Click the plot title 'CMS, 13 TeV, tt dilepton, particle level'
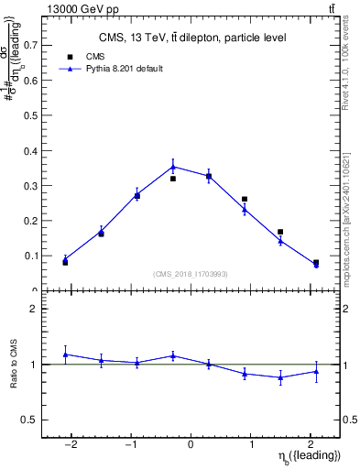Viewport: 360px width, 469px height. point(192,38)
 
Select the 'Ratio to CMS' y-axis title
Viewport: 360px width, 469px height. point(15,364)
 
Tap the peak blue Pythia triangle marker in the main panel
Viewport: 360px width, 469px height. point(172,167)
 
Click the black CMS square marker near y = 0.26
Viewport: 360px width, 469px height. point(245,199)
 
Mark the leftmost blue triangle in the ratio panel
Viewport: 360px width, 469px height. point(65,354)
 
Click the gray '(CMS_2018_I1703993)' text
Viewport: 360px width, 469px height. point(191,274)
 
